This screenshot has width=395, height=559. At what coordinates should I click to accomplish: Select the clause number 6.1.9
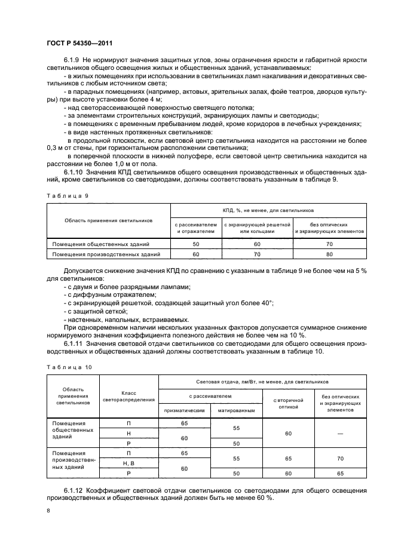(72, 61)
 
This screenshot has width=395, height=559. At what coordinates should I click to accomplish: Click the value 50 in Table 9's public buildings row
(196, 244)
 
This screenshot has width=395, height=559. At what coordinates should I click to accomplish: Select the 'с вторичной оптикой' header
(289, 403)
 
